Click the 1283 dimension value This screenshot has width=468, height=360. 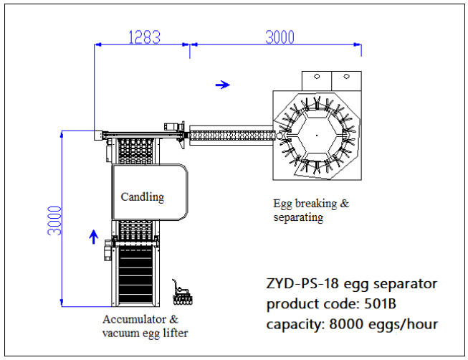tap(144, 37)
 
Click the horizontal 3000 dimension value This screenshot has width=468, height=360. tap(280, 37)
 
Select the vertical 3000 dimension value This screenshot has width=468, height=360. tap(54, 221)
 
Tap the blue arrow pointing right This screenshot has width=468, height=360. tap(223, 85)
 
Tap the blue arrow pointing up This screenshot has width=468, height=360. tap(94, 237)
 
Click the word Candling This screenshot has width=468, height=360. tap(143, 197)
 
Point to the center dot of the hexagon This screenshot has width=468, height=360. tap(317, 136)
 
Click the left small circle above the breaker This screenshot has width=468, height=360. tap(317, 77)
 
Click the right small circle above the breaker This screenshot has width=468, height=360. tap(347, 77)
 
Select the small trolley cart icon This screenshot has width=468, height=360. tap(182, 292)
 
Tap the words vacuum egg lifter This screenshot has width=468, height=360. tap(145, 333)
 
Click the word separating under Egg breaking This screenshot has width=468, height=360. tap(298, 217)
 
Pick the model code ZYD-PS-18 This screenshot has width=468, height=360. tap(302, 283)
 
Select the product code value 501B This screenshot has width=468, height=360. tap(380, 304)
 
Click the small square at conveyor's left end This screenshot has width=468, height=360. tap(98, 136)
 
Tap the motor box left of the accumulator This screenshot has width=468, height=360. tap(108, 250)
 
